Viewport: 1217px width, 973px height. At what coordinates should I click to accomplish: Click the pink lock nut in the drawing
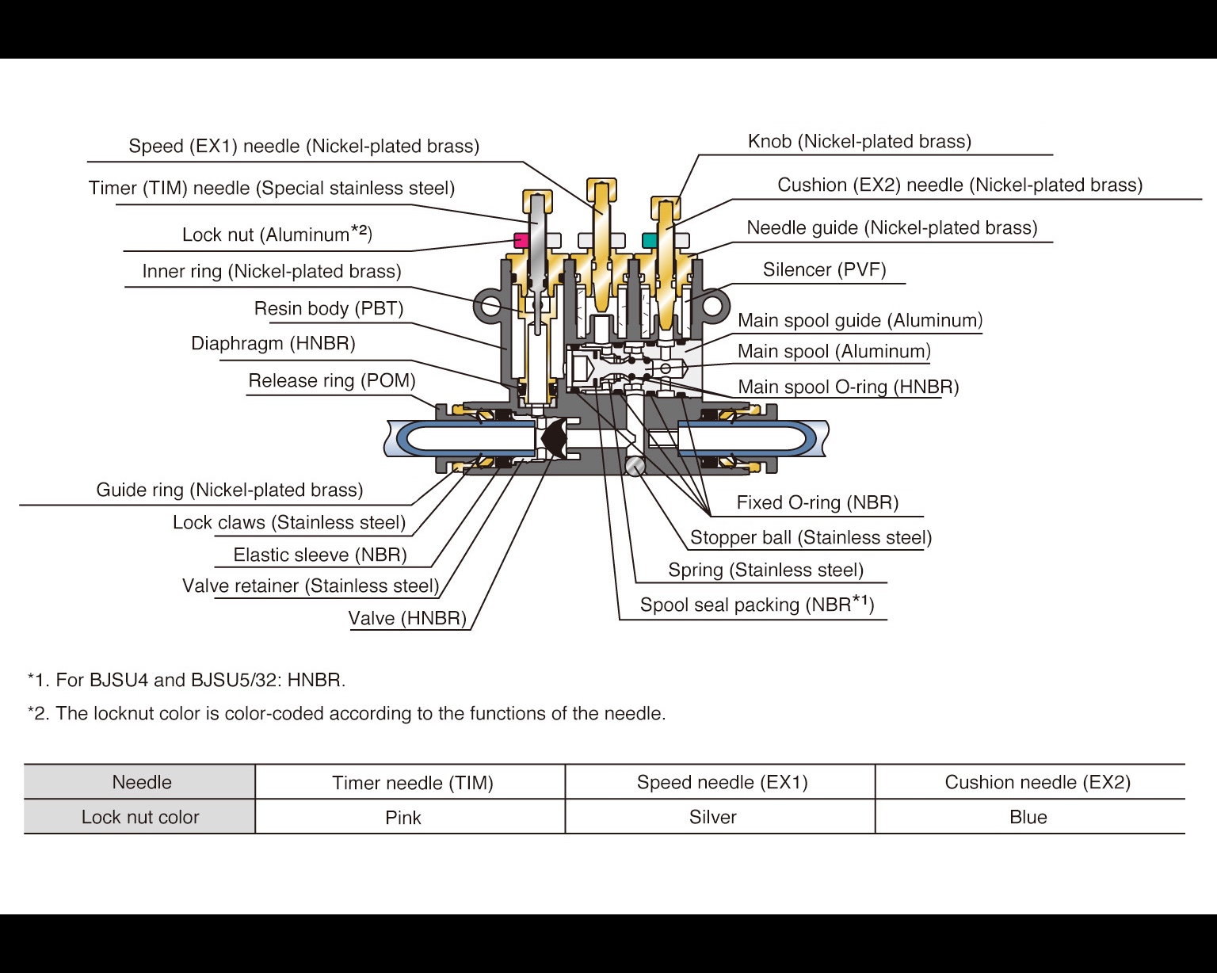pyautogui.click(x=521, y=239)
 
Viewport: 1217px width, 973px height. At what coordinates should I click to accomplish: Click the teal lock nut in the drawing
pyautogui.click(x=649, y=239)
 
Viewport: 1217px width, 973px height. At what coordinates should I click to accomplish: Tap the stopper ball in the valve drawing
pyautogui.click(x=635, y=467)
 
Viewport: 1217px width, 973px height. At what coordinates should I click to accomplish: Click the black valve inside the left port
pyautogui.click(x=554, y=437)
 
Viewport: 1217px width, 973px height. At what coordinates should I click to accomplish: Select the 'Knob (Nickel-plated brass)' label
pyautogui.click(x=859, y=141)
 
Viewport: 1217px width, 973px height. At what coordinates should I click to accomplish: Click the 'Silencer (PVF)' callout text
pyautogui.click(x=824, y=269)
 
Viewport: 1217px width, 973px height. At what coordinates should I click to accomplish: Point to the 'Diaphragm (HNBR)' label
pyautogui.click(x=273, y=343)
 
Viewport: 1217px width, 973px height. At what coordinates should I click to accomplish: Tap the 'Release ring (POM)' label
pyautogui.click(x=332, y=380)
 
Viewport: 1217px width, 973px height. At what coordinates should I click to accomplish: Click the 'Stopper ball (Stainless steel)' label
pyautogui.click(x=811, y=537)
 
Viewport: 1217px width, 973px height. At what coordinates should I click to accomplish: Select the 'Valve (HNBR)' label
pyautogui.click(x=407, y=618)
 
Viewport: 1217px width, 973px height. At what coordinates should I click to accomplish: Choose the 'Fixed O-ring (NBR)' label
pyautogui.click(x=817, y=502)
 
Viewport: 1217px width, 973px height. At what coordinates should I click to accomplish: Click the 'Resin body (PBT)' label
pyautogui.click(x=329, y=308)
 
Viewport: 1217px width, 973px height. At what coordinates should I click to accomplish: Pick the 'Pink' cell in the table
pyautogui.click(x=403, y=817)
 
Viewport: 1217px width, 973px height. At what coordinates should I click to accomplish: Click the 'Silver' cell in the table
pyautogui.click(x=713, y=817)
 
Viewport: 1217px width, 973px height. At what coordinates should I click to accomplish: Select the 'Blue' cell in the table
pyautogui.click(x=1028, y=817)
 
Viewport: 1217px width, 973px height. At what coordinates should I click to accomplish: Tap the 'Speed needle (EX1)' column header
pyautogui.click(x=722, y=782)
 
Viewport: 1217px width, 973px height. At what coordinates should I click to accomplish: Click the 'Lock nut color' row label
pyautogui.click(x=140, y=817)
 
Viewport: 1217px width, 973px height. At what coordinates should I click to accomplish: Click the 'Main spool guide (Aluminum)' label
pyautogui.click(x=860, y=320)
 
